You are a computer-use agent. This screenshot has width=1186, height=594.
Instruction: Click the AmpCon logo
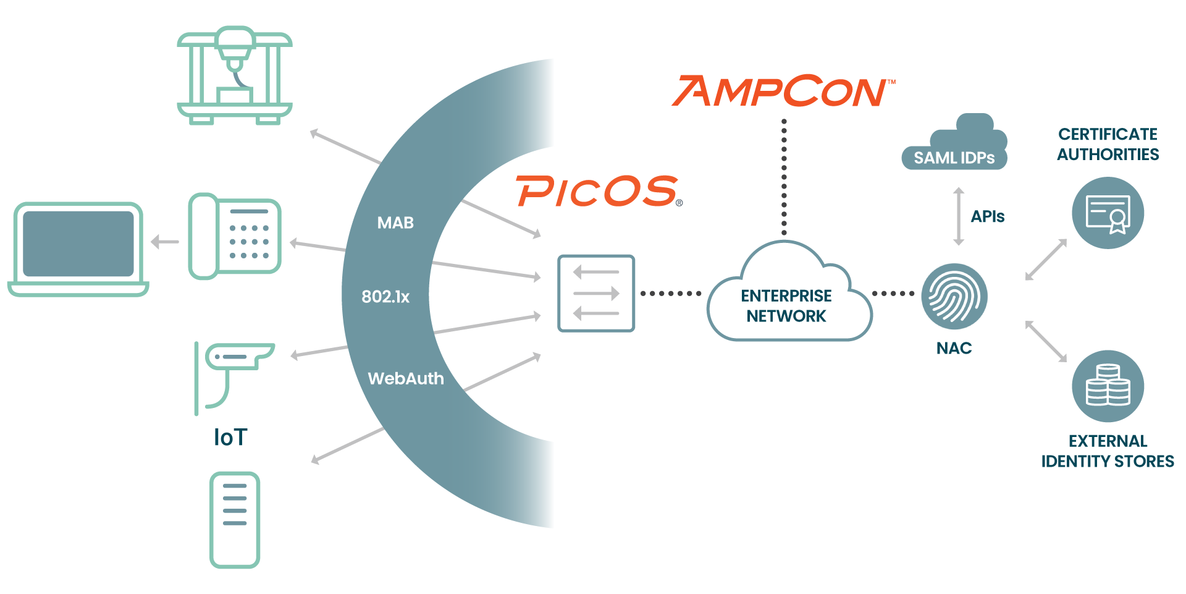[781, 91]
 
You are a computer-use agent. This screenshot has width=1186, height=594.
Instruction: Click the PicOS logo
[598, 191]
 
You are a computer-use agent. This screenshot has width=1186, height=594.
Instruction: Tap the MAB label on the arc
[395, 223]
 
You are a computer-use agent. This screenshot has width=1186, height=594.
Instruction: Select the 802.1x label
[385, 297]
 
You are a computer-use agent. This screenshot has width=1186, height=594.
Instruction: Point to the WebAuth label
[406, 378]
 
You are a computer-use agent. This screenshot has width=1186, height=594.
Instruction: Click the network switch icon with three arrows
[596, 294]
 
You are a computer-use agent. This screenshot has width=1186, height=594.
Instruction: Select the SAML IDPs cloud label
[954, 157]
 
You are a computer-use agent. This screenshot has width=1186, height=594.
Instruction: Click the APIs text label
[987, 216]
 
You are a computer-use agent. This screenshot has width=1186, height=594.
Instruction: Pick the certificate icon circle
[1108, 213]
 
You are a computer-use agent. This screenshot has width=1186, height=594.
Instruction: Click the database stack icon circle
[1108, 386]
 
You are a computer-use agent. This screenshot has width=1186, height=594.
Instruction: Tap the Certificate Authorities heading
[1108, 144]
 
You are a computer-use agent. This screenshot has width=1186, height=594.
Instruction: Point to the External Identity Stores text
[1108, 451]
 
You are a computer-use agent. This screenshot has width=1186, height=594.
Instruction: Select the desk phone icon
[235, 236]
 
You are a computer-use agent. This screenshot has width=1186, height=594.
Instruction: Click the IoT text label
[230, 438]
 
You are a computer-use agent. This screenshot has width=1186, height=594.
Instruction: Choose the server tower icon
[235, 519]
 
